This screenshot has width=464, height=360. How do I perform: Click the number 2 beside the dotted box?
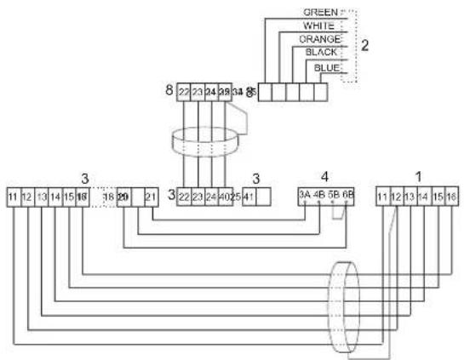pyautogui.click(x=364, y=44)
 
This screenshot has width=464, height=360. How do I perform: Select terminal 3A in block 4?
pyautogui.click(x=303, y=195)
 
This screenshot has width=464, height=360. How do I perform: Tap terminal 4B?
pyautogui.click(x=318, y=195)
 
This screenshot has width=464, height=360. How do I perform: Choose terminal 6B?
pyautogui.click(x=347, y=195)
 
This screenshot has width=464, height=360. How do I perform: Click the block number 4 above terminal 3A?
pyautogui.click(x=324, y=178)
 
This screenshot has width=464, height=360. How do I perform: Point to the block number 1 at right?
pyautogui.click(x=416, y=175)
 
